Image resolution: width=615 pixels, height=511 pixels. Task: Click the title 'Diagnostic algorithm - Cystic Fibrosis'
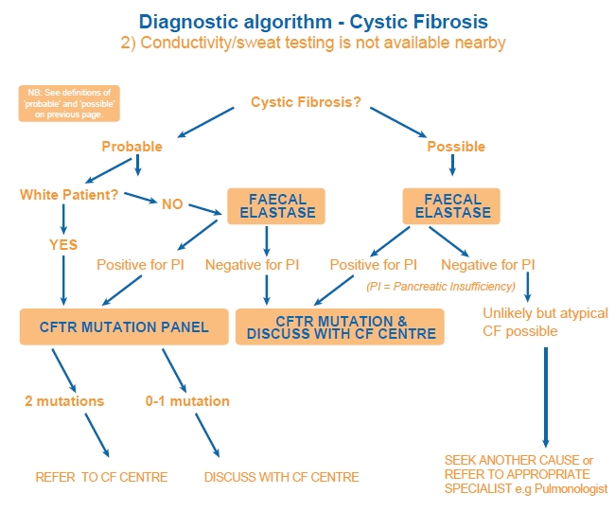[x=307, y=21]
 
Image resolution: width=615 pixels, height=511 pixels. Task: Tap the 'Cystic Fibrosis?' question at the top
[x=306, y=101]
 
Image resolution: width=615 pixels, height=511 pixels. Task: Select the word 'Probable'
[x=132, y=147]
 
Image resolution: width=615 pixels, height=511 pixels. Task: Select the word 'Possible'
[x=456, y=147]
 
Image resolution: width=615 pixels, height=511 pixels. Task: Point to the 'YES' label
[x=63, y=244]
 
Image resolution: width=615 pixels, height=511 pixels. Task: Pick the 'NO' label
[x=172, y=203]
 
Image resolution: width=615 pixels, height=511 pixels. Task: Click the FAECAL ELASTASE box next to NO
[x=276, y=205]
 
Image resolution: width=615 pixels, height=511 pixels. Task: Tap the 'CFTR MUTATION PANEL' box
[x=124, y=326]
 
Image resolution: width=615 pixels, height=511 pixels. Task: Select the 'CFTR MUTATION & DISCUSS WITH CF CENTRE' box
[x=341, y=327]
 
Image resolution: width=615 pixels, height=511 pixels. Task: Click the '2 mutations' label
[x=64, y=400]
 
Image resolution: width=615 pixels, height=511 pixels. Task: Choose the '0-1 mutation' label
[x=188, y=400]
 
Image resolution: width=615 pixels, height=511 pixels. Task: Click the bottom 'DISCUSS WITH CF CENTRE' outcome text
[x=282, y=477]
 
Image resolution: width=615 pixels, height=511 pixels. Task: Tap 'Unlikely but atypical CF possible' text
[x=545, y=322]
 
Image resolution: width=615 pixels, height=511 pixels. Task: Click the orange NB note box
[x=69, y=103]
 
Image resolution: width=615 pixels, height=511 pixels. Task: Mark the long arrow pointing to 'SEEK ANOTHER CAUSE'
[x=545, y=397]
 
